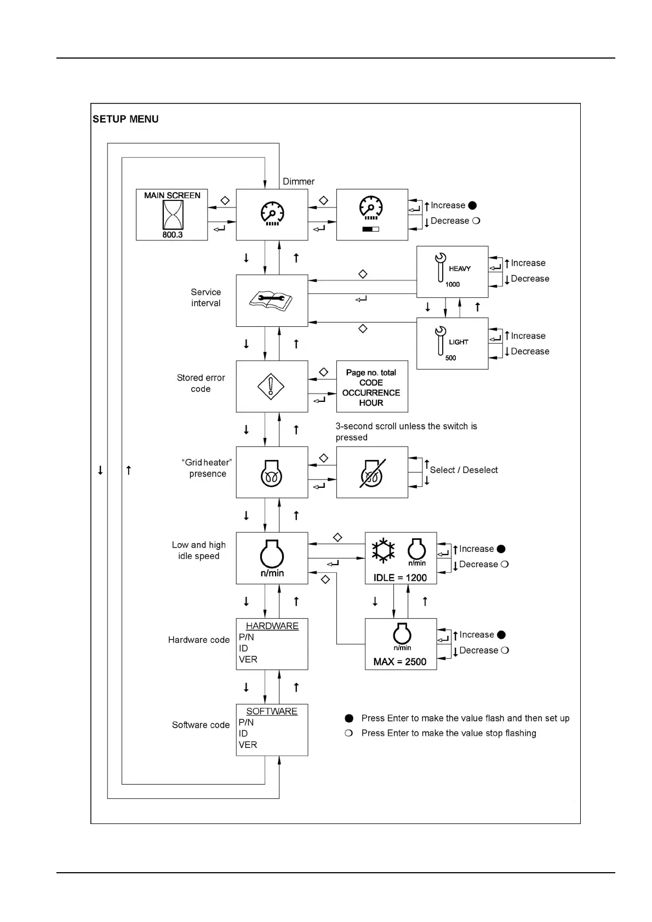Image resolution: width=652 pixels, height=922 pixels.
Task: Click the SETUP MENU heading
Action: (125, 119)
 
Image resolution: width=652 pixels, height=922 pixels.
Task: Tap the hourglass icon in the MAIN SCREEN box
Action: (173, 215)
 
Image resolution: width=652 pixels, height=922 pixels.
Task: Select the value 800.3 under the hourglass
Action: (173, 235)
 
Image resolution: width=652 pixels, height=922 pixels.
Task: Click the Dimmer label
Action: (299, 181)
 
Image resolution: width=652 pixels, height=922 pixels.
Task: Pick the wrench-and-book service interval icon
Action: (271, 300)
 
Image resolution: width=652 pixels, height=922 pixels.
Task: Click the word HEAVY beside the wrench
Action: (460, 269)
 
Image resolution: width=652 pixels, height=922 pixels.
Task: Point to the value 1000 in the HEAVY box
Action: (453, 285)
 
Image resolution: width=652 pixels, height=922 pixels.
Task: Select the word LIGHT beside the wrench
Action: (459, 342)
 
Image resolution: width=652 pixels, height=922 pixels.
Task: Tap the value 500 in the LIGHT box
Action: (450, 358)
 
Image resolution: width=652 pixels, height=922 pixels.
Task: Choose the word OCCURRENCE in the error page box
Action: (371, 393)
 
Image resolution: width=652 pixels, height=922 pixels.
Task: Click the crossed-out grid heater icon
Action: (372, 472)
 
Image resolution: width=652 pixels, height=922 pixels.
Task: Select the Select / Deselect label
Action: (464, 470)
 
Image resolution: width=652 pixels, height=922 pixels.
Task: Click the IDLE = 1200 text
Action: (400, 578)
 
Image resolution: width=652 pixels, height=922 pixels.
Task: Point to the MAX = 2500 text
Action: (400, 662)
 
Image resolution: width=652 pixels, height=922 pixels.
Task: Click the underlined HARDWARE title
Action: (272, 626)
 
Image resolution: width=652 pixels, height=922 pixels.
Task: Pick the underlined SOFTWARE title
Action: (272, 711)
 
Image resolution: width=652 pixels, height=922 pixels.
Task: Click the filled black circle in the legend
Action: (349, 718)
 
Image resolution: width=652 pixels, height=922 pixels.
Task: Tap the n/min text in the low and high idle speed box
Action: (272, 573)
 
